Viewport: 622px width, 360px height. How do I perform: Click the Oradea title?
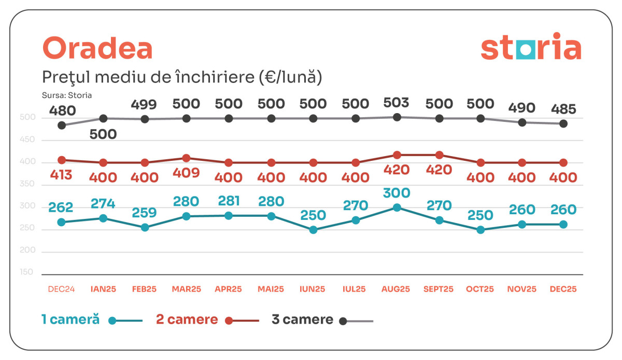pyautogui.click(x=97, y=49)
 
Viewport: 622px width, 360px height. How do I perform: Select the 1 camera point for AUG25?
pyautogui.click(x=397, y=207)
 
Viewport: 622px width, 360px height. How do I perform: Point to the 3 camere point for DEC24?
pyautogui.click(x=62, y=125)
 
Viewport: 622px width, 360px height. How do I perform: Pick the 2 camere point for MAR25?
pyautogui.click(x=187, y=158)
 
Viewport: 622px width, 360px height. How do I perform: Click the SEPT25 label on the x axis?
pyautogui.click(x=439, y=289)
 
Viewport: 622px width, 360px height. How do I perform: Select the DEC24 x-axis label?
pyautogui.click(x=62, y=289)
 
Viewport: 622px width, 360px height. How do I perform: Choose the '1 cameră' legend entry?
pyautogui.click(x=70, y=320)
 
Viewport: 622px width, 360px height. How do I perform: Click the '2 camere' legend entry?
pyautogui.click(x=187, y=320)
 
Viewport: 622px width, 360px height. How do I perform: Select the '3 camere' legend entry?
pyautogui.click(x=302, y=320)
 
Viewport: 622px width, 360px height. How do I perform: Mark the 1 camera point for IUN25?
pyautogui.click(x=313, y=230)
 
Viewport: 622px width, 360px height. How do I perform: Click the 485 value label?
pyautogui.click(x=563, y=109)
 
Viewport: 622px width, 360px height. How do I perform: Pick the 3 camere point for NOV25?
pyautogui.click(x=522, y=122)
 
